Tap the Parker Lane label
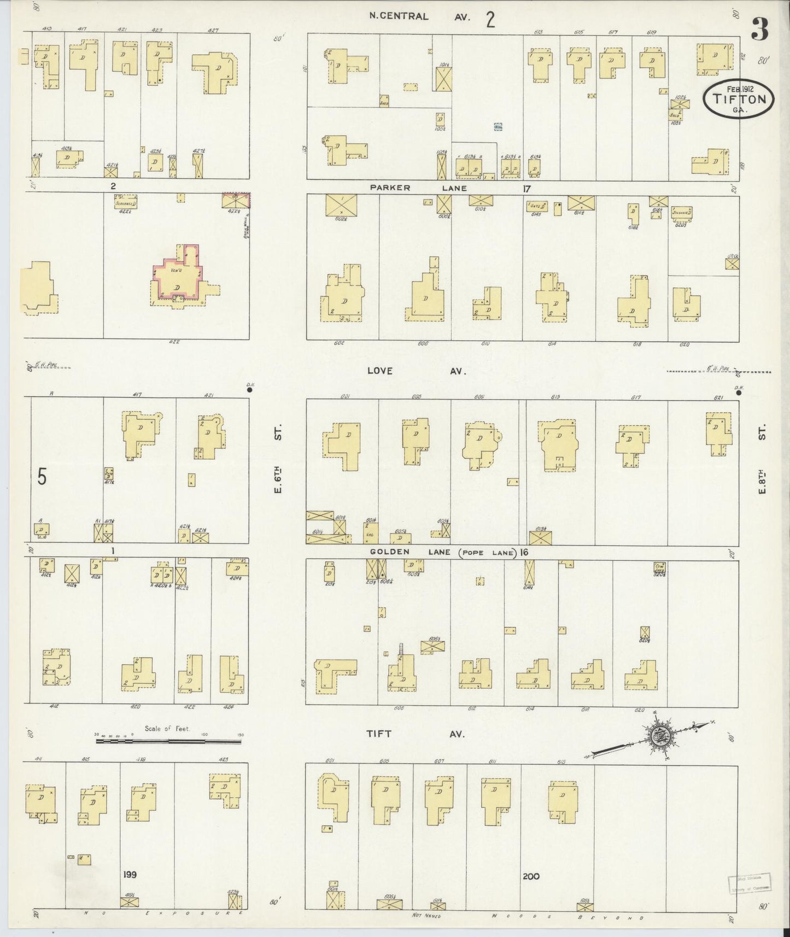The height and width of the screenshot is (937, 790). pos(418,188)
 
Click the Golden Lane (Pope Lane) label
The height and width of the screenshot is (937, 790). pos(443,552)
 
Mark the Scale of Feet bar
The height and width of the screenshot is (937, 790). pos(168,741)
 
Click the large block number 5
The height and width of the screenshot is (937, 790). pos(42,477)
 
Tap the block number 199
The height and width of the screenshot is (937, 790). pos(130,875)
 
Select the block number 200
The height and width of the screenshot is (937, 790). pos(530,876)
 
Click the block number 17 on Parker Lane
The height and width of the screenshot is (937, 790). pos(526,189)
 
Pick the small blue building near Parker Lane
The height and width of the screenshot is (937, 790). pos(498,126)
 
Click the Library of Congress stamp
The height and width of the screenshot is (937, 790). pos(748,883)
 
